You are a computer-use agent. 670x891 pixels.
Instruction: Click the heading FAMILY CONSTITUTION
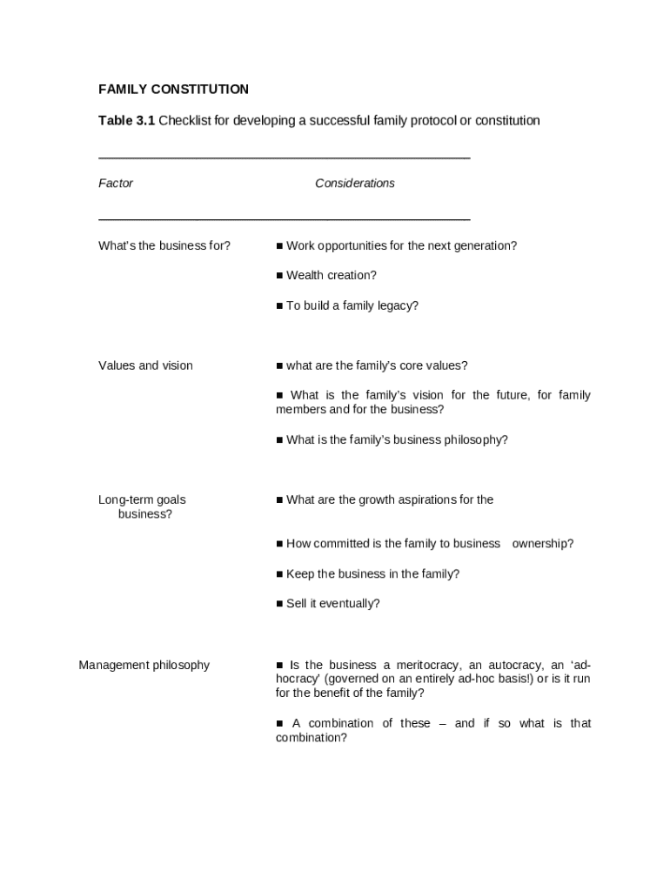pos(173,90)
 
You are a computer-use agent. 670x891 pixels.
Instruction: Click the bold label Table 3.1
pos(126,120)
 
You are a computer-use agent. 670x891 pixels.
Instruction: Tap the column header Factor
pos(116,184)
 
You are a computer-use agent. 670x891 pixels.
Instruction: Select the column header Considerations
pos(354,184)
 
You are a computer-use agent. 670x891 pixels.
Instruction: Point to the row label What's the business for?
pos(164,246)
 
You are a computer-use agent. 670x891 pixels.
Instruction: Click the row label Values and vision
pos(145,365)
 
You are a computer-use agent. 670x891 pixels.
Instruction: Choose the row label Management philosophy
pos(144,666)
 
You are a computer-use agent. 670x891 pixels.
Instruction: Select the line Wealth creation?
pos(331,276)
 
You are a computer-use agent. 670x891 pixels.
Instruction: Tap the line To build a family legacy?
pos(352,306)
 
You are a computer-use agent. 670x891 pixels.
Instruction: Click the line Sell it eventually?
pos(332,604)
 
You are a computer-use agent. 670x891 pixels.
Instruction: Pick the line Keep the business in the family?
pos(372,574)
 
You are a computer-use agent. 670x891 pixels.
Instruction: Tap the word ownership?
pos(543,544)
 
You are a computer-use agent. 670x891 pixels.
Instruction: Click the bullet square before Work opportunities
pos(279,246)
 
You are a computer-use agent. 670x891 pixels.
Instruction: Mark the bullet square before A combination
pos(279,724)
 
